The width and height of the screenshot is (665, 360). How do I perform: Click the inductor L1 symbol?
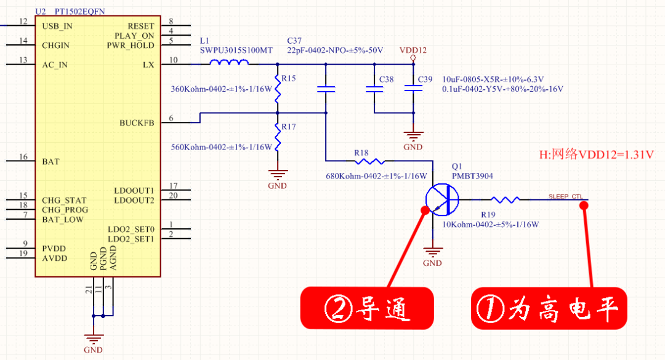(229, 63)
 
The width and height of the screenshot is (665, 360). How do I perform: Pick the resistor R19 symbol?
(505, 199)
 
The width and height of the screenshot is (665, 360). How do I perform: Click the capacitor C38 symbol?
(374, 89)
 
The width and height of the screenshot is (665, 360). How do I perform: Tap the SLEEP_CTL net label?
(565, 197)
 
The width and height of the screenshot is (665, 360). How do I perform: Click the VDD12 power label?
(413, 51)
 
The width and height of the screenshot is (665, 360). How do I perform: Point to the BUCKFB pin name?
(137, 123)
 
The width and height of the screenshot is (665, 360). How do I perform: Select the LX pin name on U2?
(148, 65)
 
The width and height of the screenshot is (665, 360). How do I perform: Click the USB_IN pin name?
(57, 26)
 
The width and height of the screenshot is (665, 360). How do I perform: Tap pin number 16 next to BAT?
(23, 158)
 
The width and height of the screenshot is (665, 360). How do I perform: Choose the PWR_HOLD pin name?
(131, 46)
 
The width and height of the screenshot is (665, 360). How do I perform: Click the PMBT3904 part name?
(472, 176)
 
